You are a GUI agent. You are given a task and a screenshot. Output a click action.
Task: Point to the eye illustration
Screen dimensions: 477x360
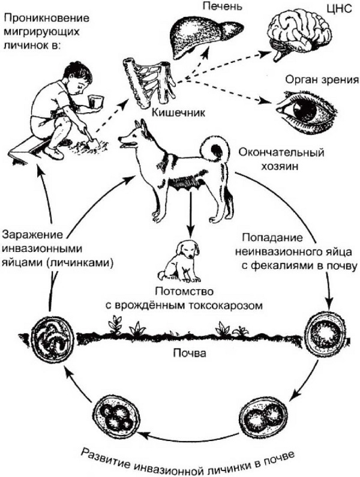point(305,109)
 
